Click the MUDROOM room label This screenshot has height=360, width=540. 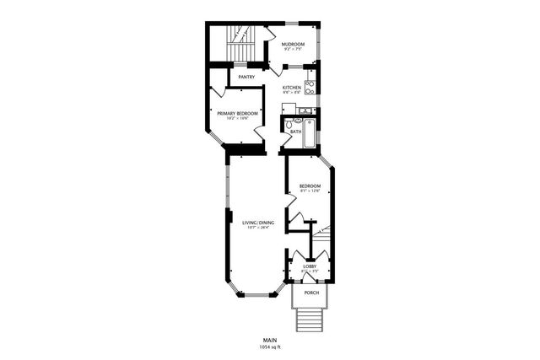293,44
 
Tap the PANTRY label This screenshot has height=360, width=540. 246,78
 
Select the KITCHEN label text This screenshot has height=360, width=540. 292,87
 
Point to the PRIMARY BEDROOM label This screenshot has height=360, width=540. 236,113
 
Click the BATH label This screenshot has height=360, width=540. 295,132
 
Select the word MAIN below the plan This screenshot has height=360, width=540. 270,341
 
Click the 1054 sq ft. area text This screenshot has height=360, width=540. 270,347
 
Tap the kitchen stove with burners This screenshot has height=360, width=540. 310,85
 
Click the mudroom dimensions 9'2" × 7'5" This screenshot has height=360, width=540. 293,50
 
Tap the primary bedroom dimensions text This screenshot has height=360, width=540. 236,119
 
